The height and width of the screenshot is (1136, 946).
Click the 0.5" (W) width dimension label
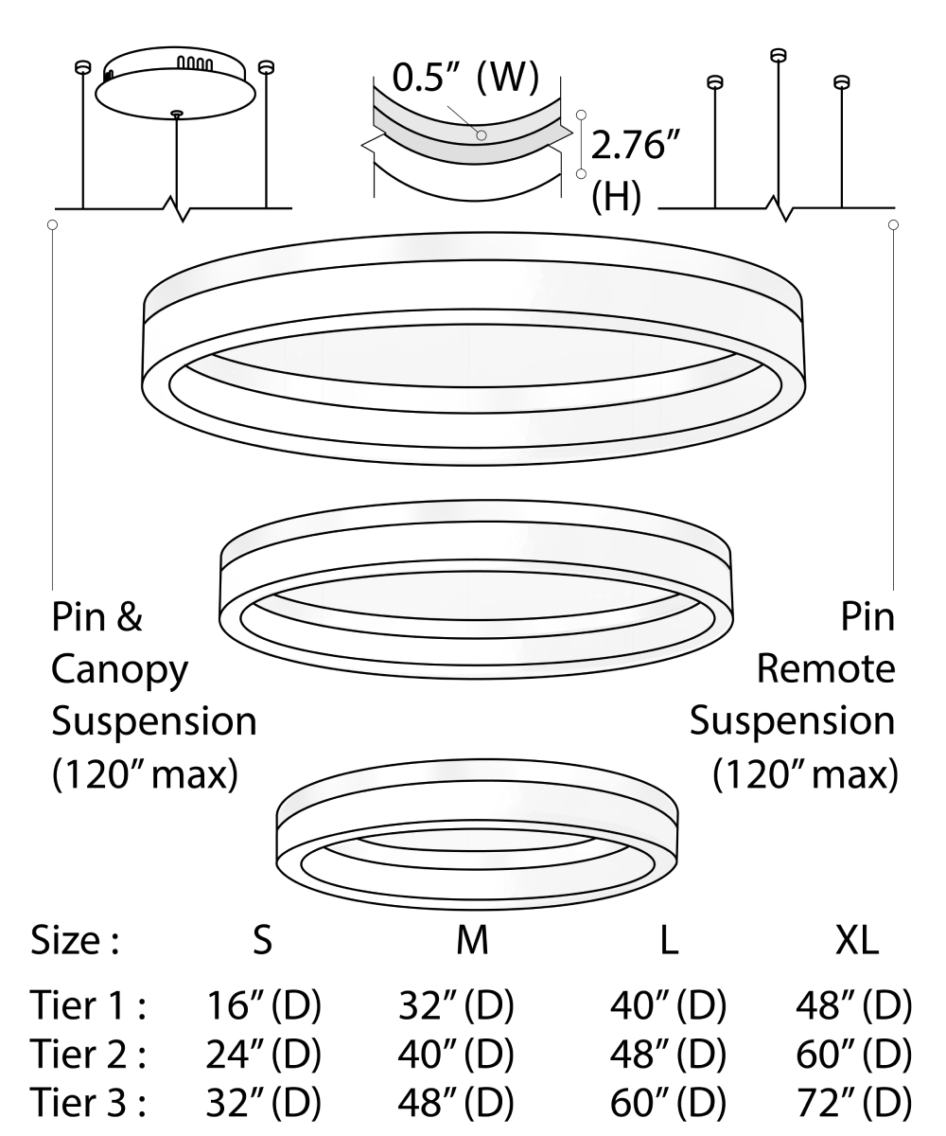[x=464, y=78]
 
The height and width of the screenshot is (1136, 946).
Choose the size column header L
[x=669, y=942]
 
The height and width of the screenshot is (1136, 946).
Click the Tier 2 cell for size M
[x=457, y=1054]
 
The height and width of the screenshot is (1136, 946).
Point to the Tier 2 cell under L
[x=668, y=1054]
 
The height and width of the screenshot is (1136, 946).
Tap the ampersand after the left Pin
[x=128, y=618]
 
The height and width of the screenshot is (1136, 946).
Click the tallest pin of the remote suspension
[x=778, y=55]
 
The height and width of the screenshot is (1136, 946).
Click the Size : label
[x=75, y=942]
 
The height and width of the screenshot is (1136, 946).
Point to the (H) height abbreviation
[x=616, y=199]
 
